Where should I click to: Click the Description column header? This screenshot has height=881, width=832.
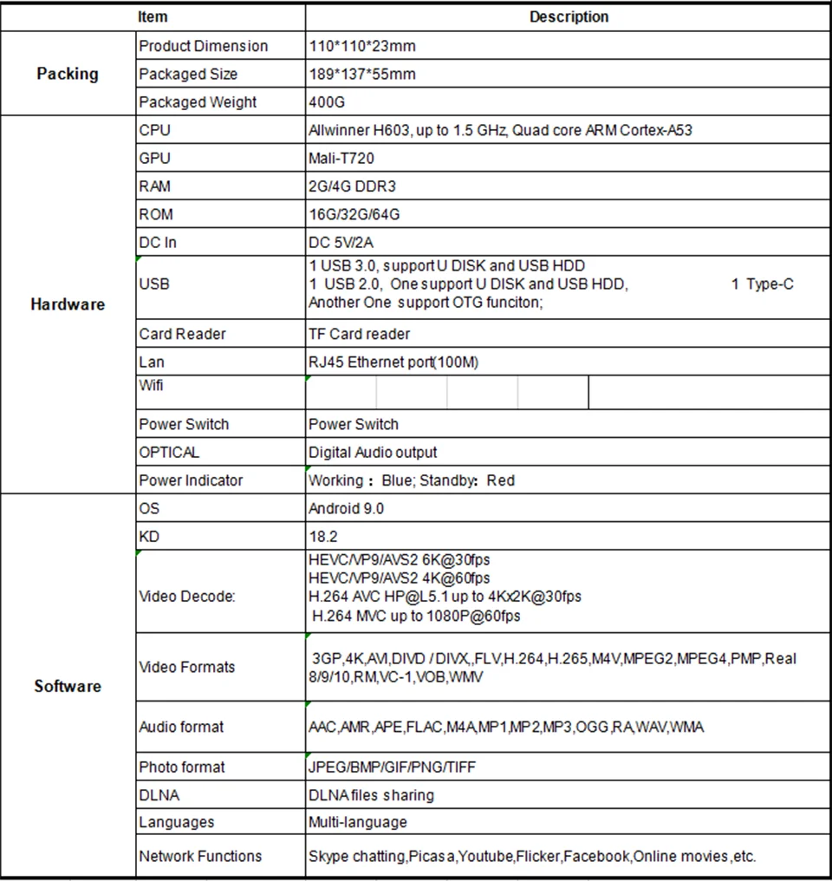(569, 16)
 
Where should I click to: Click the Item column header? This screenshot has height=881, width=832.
(153, 16)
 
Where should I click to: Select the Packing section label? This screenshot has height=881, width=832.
(68, 74)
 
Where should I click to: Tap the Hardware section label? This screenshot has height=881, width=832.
(68, 304)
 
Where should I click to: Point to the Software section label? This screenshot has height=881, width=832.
(68, 686)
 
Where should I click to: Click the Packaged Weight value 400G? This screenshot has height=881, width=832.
(327, 102)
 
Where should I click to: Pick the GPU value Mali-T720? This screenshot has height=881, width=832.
(341, 158)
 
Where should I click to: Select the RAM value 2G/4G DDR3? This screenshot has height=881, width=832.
(352, 186)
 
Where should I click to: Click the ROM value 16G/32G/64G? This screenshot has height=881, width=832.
(354, 214)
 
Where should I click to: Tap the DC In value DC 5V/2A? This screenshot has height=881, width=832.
(341, 242)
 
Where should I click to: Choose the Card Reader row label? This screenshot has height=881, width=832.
(182, 334)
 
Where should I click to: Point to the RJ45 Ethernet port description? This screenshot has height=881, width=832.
(393, 362)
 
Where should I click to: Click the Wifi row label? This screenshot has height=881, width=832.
(151, 384)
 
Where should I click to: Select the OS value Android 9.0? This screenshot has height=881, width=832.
(346, 508)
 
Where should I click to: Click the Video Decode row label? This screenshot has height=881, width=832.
(187, 597)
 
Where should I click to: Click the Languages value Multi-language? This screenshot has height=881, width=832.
(357, 822)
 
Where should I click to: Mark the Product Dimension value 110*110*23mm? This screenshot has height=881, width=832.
(363, 46)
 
